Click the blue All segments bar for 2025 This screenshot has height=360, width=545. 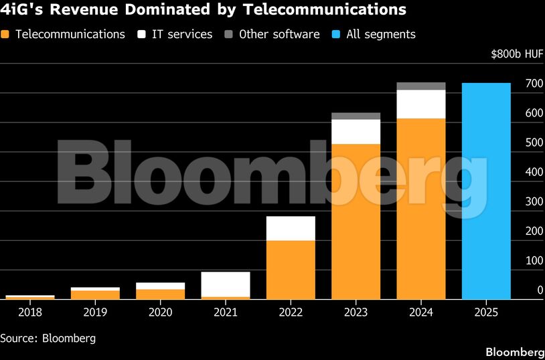tap(486, 191)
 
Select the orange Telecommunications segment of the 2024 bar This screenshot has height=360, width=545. tap(421, 208)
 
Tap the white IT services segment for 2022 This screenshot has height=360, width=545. tap(291, 228)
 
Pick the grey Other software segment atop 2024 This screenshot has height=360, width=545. tap(421, 86)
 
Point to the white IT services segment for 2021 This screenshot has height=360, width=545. tap(226, 284)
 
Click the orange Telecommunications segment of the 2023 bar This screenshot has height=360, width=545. tap(356, 221)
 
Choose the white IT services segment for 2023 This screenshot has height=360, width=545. tap(356, 132)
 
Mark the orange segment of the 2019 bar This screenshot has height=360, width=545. tap(95, 294)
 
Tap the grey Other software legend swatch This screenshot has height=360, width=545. tap(230, 34)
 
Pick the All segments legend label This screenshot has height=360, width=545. tap(381, 34)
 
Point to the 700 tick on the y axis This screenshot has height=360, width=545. tap(515, 84)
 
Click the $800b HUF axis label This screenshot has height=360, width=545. tap(516, 54)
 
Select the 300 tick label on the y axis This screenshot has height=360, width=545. tap(515, 201)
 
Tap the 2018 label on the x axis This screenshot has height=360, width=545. tap(30, 312)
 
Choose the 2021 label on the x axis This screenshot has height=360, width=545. tap(226, 312)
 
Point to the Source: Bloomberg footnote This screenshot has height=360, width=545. tap(48, 338)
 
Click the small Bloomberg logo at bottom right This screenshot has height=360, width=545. tap(514, 352)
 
